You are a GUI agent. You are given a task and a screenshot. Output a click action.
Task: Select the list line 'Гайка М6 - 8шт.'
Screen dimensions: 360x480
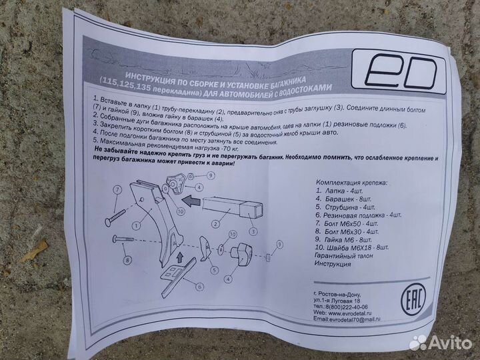click(350, 239)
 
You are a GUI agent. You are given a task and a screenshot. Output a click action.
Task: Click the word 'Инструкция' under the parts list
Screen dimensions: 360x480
click(333, 263)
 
